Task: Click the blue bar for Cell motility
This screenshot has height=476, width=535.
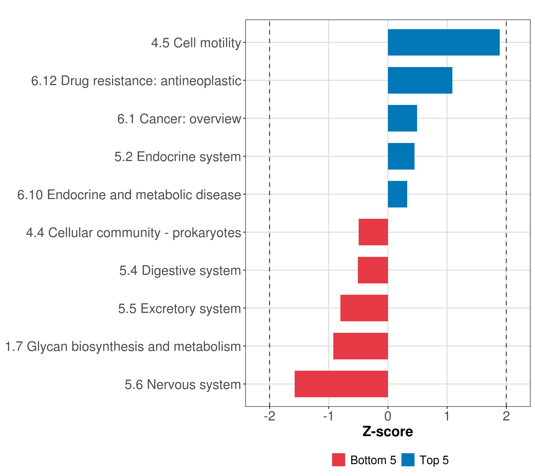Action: [443, 42]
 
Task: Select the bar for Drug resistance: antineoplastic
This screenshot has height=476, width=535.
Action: [420, 81]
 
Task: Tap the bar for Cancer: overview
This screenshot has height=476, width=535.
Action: [402, 118]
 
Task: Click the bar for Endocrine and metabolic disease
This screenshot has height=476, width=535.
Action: [397, 194]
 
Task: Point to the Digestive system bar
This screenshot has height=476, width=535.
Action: [373, 270]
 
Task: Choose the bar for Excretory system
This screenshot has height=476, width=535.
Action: [364, 308]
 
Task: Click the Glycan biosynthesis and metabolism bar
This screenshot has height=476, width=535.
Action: [360, 346]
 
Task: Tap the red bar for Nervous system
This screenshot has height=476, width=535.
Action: [341, 384]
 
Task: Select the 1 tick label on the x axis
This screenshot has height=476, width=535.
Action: [447, 416]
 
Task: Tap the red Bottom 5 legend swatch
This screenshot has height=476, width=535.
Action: [338, 460]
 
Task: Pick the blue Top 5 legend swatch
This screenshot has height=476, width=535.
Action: [408, 460]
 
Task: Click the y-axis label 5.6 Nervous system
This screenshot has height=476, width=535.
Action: [183, 385]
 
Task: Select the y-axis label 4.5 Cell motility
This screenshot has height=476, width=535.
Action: [196, 43]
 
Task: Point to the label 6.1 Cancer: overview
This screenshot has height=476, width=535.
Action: [179, 119]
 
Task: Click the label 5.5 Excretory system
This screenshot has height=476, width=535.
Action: [179, 309]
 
